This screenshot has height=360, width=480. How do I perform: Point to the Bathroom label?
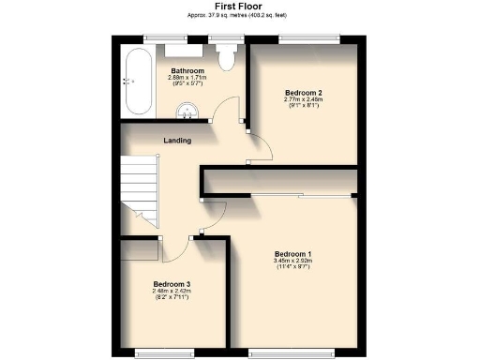click(x=187, y=70)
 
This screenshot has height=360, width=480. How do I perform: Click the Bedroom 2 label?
click(x=304, y=93)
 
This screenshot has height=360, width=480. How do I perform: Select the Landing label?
click(x=177, y=141)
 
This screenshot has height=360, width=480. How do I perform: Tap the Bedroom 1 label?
click(x=292, y=254)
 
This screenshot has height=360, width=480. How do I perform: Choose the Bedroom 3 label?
click(x=172, y=284)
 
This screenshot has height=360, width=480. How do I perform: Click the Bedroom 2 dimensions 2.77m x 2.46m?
click(x=304, y=103)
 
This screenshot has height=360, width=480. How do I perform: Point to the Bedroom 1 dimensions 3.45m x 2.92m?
click(x=292, y=263)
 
